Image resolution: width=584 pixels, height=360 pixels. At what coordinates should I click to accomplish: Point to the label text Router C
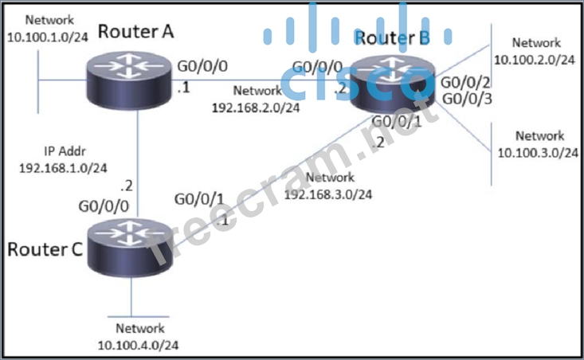click(45, 249)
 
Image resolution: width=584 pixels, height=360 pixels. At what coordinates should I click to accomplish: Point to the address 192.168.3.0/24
click(327, 194)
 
